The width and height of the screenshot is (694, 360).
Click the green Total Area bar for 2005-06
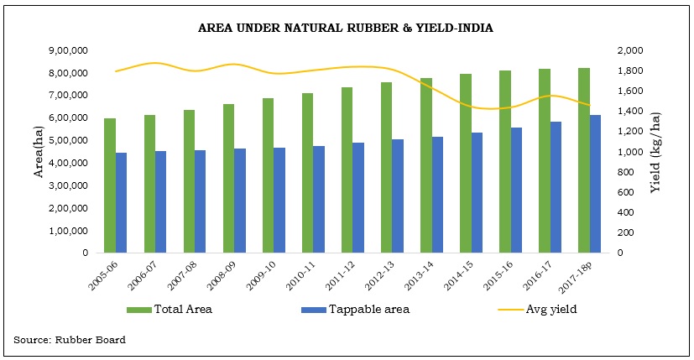(110, 185)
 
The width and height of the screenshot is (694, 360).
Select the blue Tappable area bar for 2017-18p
(595, 184)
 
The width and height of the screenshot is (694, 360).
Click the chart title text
(345, 28)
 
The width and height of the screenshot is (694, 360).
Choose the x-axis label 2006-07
(148, 274)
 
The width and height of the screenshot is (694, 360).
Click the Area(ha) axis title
(38, 151)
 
